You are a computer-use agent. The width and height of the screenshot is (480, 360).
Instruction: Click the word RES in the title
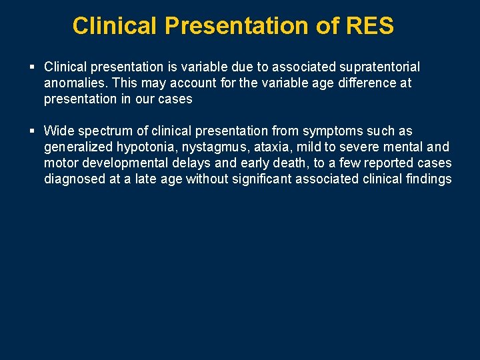pyautogui.click(x=370, y=26)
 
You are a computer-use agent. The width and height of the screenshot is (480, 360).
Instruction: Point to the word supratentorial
pyautogui.click(x=380, y=67)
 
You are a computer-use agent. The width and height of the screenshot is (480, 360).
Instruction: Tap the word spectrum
pyautogui.click(x=105, y=131)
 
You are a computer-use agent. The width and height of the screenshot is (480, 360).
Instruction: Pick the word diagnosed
pyautogui.click(x=73, y=179)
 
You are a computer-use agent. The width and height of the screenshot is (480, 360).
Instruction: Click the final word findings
pyautogui.click(x=427, y=179)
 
